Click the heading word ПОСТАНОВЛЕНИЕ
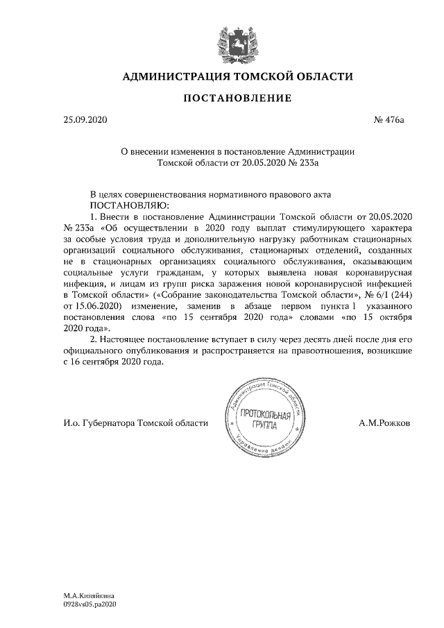[x=237, y=99]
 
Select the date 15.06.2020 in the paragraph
[x=105, y=305]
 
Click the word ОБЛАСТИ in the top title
[x=319, y=76]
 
